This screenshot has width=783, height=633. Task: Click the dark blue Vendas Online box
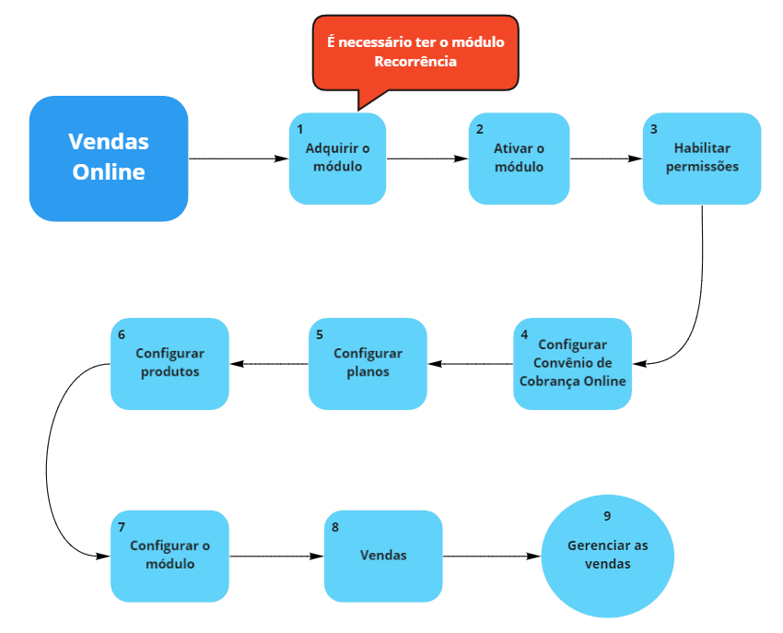click(x=109, y=158)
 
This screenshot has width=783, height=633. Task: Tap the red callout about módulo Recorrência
click(x=415, y=52)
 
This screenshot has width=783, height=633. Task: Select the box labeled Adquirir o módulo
click(x=337, y=158)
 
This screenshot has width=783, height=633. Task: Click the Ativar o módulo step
click(x=519, y=158)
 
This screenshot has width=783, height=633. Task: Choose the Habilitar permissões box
click(x=702, y=158)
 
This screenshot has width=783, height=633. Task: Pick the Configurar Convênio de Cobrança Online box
click(x=572, y=364)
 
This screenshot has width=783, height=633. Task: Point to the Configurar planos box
click(x=368, y=364)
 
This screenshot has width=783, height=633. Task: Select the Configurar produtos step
click(x=169, y=364)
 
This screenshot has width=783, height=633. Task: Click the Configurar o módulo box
click(x=169, y=556)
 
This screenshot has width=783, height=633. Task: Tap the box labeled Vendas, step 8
click(x=383, y=556)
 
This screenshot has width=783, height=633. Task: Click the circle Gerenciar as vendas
click(x=607, y=555)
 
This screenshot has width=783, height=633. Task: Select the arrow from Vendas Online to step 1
click(x=238, y=158)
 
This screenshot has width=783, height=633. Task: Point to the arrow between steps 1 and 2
click(x=427, y=158)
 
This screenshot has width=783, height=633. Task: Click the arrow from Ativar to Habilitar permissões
click(x=605, y=158)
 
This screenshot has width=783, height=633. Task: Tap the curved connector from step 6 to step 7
click(x=47, y=461)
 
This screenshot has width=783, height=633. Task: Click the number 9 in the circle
click(x=607, y=516)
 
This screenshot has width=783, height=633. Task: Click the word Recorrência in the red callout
click(x=415, y=62)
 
